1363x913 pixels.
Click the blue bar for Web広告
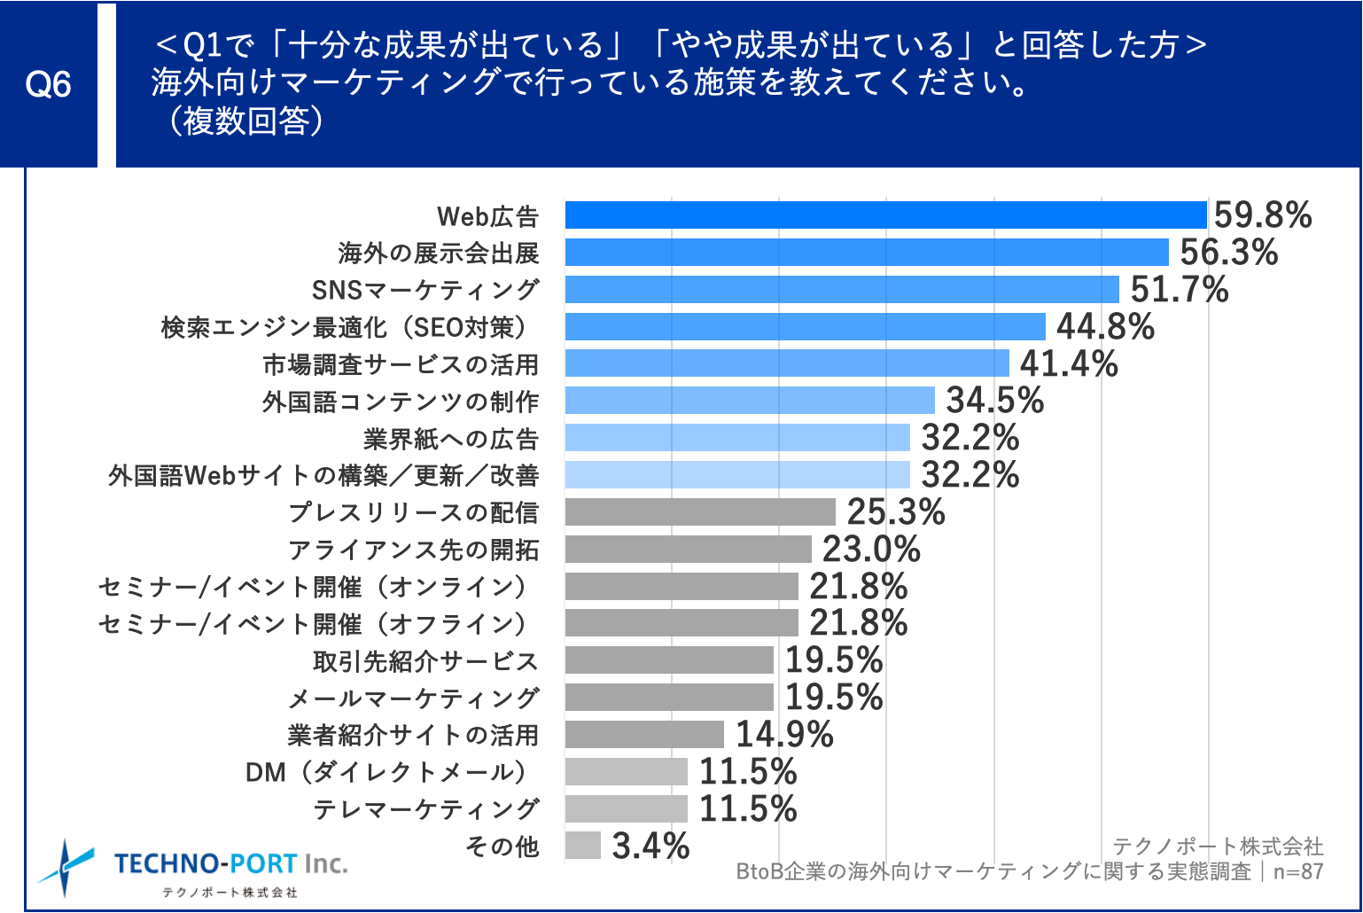pos(885,215)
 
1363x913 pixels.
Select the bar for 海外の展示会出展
pos(866,253)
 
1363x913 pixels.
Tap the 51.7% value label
pos(1179,290)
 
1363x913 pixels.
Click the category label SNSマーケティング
pos(425,290)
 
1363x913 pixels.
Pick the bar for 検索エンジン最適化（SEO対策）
pos(805,327)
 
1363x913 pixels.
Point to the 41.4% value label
pos(1069,364)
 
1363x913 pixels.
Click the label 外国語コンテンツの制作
pos(401,402)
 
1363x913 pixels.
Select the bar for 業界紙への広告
pos(736,438)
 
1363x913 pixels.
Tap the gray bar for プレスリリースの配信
pos(699,512)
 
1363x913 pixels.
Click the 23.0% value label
pos(871,550)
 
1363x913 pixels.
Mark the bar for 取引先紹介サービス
pos(668,660)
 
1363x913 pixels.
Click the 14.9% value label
pos(784,735)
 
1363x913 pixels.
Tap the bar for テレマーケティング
pos(626,808)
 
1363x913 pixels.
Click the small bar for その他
pos(582,846)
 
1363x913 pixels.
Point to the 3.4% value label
pos(650,846)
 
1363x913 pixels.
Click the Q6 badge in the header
pos(48,84)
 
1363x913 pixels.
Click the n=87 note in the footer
pos(1297,871)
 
